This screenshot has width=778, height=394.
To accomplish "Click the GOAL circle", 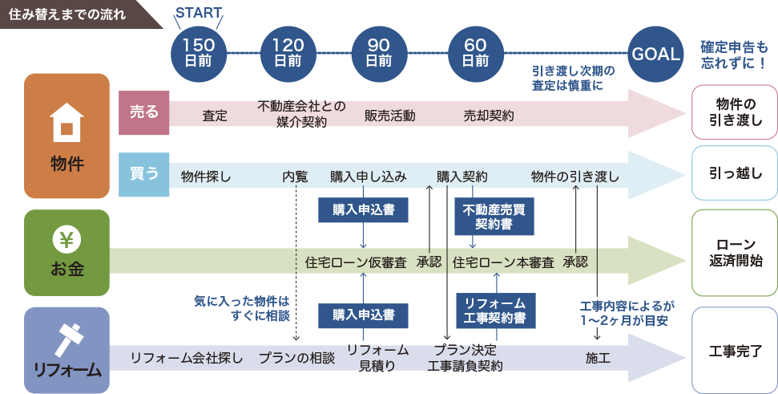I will tap(656, 54).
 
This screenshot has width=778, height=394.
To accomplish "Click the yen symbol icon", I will tap(67, 239).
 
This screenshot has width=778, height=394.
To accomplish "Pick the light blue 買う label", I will tap(144, 174).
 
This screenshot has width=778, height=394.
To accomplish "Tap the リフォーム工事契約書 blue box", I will tap(495, 311).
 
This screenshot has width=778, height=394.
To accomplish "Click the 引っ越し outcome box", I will tap(733, 173).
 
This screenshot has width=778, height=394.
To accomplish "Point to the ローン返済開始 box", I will tap(733, 253).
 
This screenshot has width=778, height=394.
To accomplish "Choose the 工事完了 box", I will tap(733, 351).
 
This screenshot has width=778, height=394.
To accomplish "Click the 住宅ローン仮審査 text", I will tap(356, 262).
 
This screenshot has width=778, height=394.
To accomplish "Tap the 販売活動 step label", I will tap(390, 116).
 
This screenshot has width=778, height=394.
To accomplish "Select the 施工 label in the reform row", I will tap(598, 357).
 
